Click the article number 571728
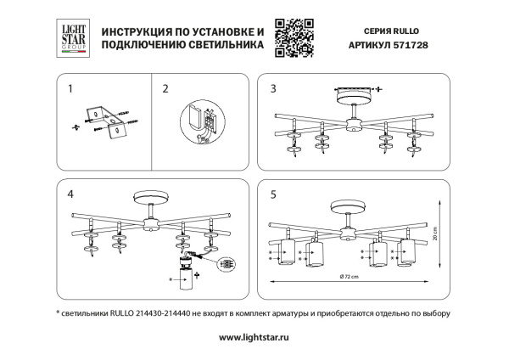[x=414, y=48]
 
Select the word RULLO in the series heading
[x=410, y=31]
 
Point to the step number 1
[x=70, y=88]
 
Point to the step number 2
[x=165, y=88]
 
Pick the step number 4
[x=70, y=194]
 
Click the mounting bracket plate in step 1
[x=109, y=121]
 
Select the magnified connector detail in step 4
[x=227, y=264]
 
